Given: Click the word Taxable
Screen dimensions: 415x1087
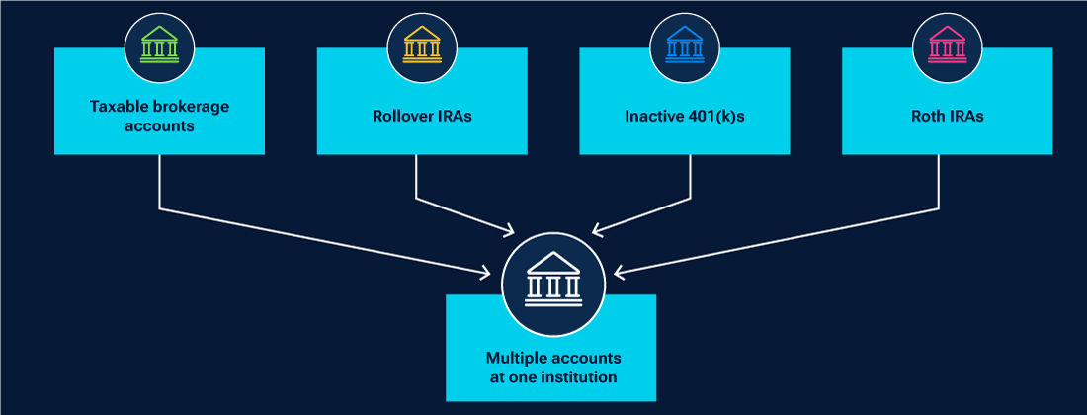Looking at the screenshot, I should point(117,107).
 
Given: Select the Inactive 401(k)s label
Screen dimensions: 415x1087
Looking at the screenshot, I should point(684,116).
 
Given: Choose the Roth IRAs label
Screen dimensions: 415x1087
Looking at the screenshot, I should point(947,116).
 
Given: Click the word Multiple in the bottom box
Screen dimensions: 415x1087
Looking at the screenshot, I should point(514,358).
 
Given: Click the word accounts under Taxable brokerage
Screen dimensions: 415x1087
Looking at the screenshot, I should point(159,125).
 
